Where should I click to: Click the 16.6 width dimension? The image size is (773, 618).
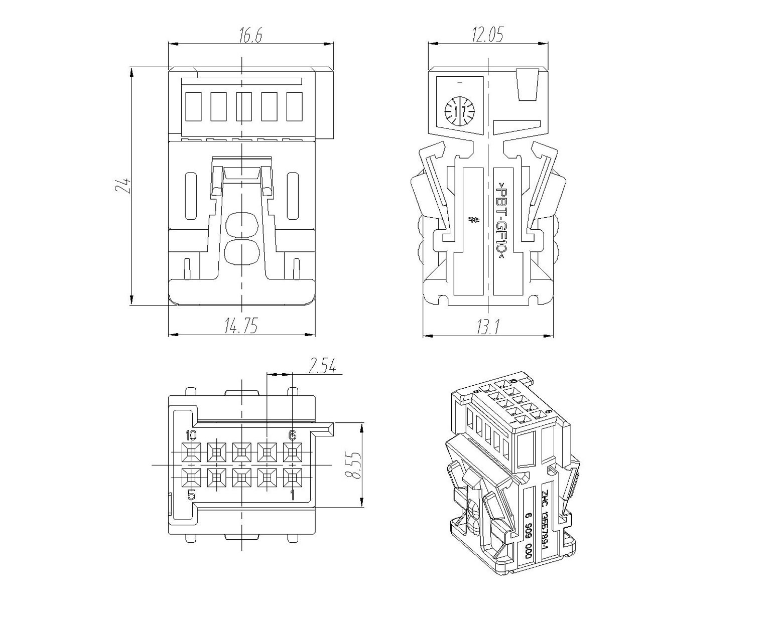pyautogui.click(x=250, y=36)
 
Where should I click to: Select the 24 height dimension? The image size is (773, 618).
pyautogui.click(x=122, y=186)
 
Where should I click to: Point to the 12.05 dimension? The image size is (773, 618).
pyautogui.click(x=487, y=35)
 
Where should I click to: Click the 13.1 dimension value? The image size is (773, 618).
pyautogui.click(x=487, y=327)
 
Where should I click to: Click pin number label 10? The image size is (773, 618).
pyautogui.click(x=191, y=434)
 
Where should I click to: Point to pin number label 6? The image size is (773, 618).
pyautogui.click(x=292, y=434)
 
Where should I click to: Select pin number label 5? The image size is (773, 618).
pyautogui.click(x=191, y=496)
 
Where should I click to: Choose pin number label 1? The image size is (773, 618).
pyautogui.click(x=292, y=496)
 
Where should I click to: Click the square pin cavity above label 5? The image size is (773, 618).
pyautogui.click(x=191, y=478)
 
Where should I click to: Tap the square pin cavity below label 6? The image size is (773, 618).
pyautogui.click(x=292, y=452)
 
